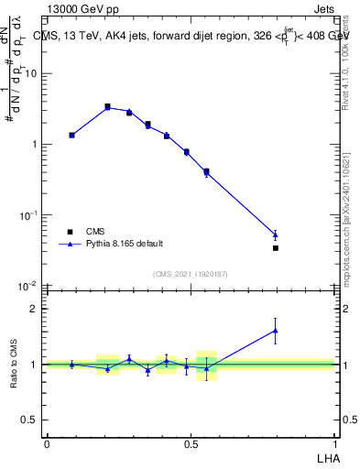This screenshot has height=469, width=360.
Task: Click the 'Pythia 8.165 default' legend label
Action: click(125, 245)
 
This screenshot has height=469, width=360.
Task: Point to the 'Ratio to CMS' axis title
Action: click(14, 364)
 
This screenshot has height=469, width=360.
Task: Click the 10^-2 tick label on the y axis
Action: click(28, 286)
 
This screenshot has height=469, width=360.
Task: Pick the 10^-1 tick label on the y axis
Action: click(28, 214)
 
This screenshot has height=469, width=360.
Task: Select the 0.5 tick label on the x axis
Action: click(191, 442)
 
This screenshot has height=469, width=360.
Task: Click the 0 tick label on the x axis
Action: click(47, 442)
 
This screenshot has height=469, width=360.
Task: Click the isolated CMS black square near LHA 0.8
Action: click(276, 247)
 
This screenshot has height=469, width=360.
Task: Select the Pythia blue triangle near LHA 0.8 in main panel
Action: click(276, 234)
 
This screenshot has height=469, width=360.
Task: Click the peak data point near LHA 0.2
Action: click(107, 106)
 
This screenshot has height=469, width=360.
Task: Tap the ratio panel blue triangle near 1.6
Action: click(276, 331)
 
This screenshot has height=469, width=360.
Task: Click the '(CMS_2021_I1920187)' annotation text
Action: click(190, 274)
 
